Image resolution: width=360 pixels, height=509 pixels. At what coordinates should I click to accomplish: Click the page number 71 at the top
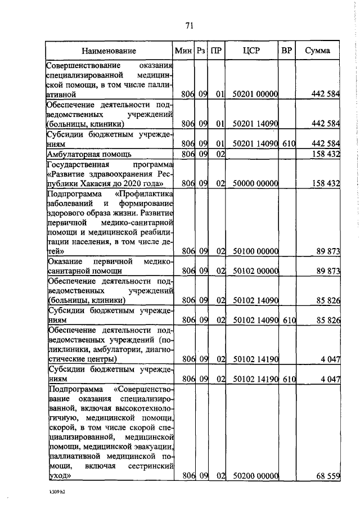tap(189, 25)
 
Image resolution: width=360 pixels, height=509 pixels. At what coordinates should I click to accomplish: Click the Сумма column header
tap(317, 51)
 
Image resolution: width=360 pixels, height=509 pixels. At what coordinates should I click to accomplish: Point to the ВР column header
tap(286, 51)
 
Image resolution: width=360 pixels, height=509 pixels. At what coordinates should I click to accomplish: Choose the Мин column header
tap(183, 51)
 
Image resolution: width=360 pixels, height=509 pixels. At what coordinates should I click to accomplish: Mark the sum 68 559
tap(327, 476)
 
